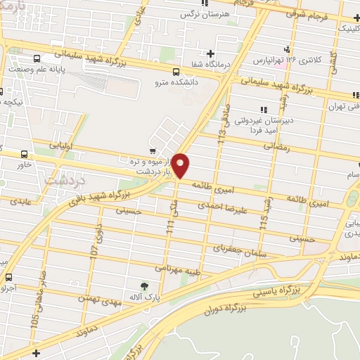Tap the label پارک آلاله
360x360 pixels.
146,298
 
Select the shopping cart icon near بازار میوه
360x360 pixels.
153,150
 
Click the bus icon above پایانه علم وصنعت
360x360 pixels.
32,57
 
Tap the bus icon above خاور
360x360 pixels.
25,155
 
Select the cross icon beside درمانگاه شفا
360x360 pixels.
210,53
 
